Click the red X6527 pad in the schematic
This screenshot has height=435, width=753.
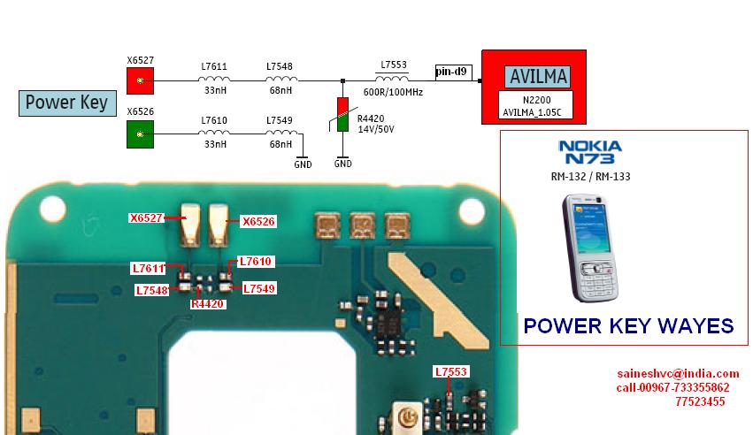(x=140, y=80)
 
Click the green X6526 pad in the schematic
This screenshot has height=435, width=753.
(x=140, y=134)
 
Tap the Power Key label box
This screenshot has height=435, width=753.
(x=67, y=103)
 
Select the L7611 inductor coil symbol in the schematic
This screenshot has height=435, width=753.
(x=214, y=80)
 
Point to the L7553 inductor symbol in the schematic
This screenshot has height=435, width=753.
(x=392, y=79)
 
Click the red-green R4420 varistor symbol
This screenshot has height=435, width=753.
(x=343, y=114)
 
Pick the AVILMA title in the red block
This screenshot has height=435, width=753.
(x=538, y=77)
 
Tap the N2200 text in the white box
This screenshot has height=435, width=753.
(x=536, y=100)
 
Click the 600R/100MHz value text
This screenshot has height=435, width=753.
(x=393, y=92)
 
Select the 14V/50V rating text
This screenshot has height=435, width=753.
(x=375, y=129)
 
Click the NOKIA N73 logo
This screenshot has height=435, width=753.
(x=589, y=152)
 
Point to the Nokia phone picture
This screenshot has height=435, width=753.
(x=590, y=248)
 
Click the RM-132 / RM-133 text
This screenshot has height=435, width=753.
(x=591, y=177)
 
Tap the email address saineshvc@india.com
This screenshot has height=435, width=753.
(x=678, y=374)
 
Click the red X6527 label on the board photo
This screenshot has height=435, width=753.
(x=147, y=217)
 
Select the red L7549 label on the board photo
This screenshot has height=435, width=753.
(x=259, y=289)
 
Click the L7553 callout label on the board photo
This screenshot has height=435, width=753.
(x=450, y=371)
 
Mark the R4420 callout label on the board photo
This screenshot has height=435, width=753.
(x=207, y=304)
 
